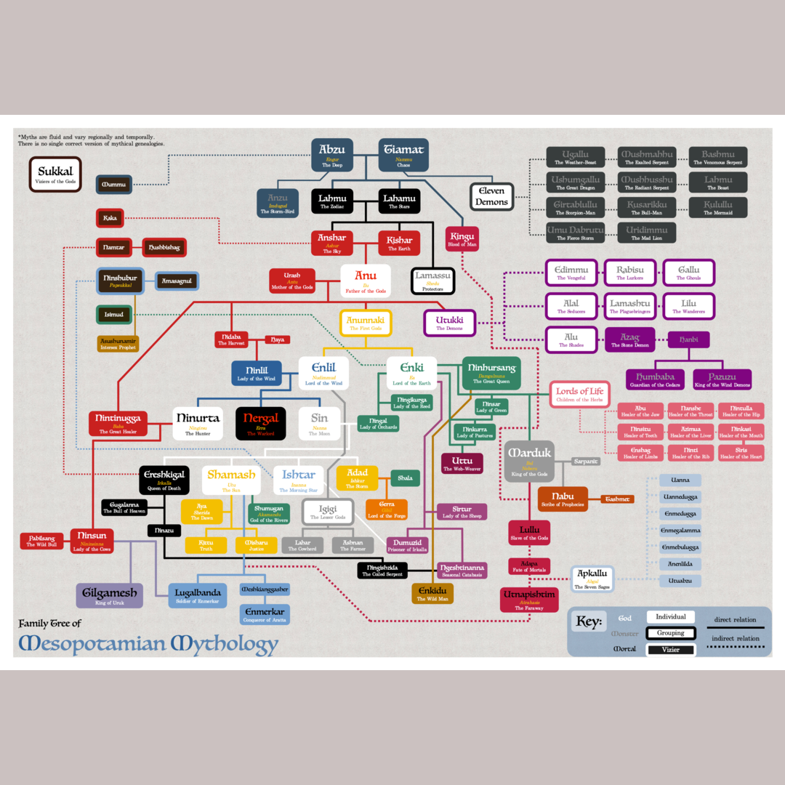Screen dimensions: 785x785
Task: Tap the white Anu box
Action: pos(366,281)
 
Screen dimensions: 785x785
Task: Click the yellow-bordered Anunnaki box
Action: pos(366,323)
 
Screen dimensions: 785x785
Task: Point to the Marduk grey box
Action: pos(530,461)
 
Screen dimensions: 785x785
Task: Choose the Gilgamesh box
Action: pos(109,596)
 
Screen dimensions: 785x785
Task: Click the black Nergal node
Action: pos(260,423)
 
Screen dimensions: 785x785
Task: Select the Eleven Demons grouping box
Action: pos(491,196)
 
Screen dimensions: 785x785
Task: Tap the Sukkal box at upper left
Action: pos(55,174)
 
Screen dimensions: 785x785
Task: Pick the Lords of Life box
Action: pos(579,394)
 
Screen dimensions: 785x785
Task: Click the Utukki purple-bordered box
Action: pos(449,323)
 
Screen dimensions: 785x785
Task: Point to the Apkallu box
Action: pos(592,579)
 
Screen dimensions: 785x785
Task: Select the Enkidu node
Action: pos(432,594)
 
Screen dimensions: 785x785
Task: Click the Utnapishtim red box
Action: pos(529,600)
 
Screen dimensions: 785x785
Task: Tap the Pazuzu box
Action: pos(722,379)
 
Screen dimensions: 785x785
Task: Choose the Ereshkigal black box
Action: pos(164,480)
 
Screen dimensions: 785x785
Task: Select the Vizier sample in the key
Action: pos(670,649)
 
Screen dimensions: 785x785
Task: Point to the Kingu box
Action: pos(462,239)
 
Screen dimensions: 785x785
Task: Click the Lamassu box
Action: pos(432,281)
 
